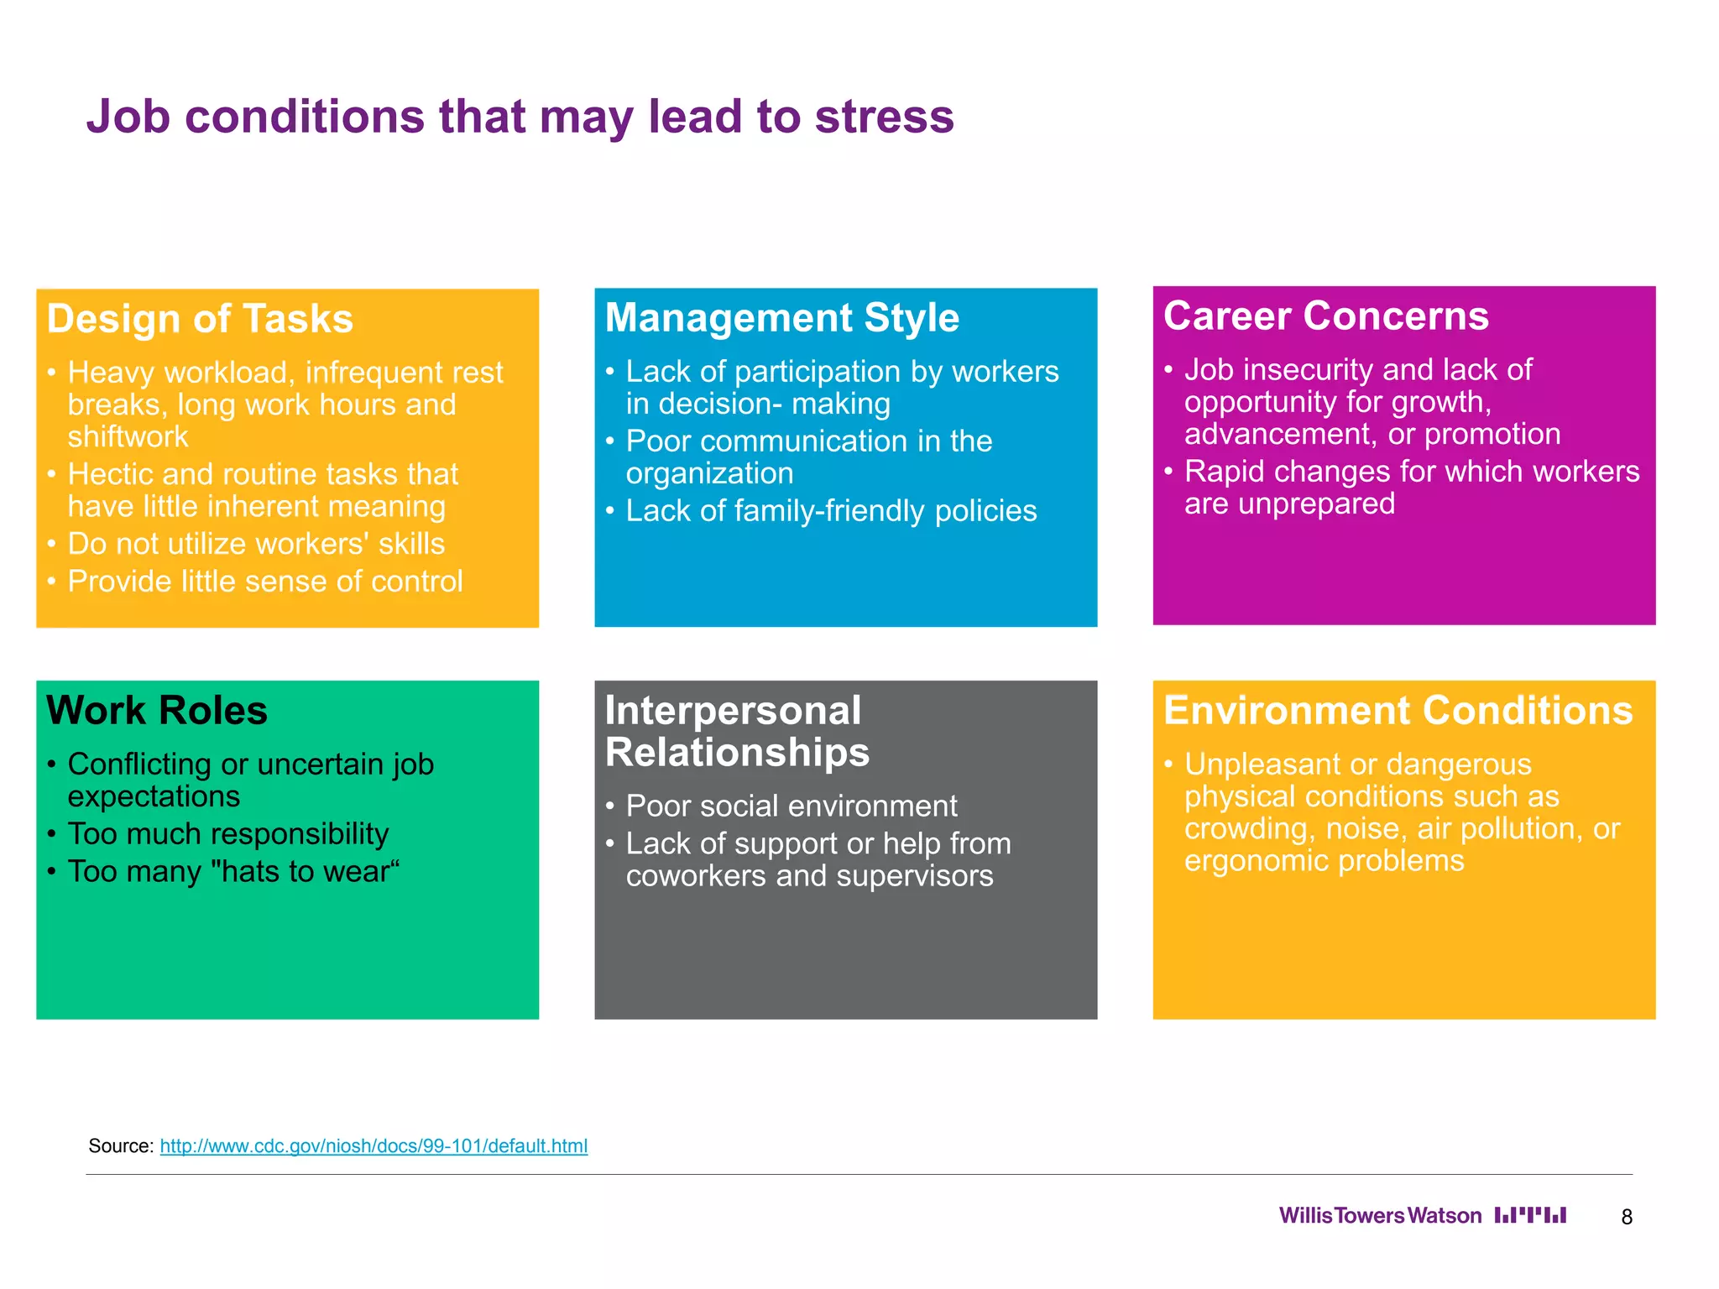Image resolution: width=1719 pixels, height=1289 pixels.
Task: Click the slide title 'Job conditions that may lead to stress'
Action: (x=520, y=116)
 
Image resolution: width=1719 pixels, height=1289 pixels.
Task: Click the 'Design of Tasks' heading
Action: (x=200, y=319)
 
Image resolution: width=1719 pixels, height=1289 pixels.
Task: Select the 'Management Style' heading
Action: (x=781, y=318)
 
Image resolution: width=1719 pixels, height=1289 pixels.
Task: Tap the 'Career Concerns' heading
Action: (x=1325, y=316)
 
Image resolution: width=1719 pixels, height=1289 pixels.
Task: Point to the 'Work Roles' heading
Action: (x=157, y=710)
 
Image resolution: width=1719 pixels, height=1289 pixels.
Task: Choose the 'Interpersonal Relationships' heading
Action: (x=736, y=731)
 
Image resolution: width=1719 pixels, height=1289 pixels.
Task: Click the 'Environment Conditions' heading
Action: (x=1398, y=710)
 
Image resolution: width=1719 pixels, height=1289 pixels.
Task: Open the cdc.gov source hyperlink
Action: (x=374, y=1145)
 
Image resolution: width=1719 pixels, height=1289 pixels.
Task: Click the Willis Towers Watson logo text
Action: (x=1380, y=1215)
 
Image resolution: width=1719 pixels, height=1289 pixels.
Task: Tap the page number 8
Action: (x=1627, y=1217)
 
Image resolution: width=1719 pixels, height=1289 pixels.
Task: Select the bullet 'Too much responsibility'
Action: (x=228, y=834)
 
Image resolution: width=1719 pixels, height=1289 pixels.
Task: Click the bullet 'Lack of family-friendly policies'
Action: (x=831, y=511)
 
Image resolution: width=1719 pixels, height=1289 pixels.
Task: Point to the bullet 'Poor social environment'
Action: (x=791, y=806)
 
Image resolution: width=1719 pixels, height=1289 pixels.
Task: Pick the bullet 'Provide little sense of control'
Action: (x=265, y=582)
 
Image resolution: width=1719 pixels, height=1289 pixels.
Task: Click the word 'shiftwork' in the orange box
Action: (x=128, y=437)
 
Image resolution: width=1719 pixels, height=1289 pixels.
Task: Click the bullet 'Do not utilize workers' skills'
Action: (x=256, y=544)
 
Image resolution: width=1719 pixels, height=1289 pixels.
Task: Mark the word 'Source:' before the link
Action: (x=121, y=1145)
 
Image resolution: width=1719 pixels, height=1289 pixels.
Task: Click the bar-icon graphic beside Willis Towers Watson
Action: (x=1530, y=1215)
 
